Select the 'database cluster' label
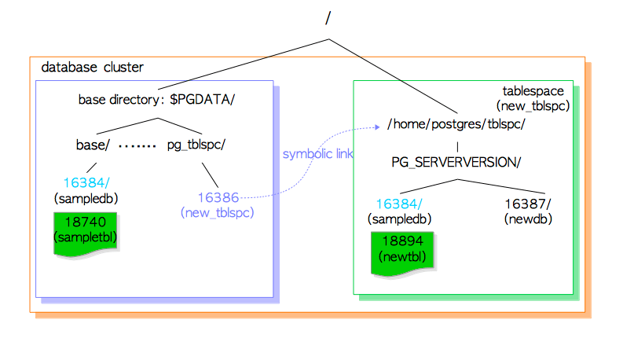point(92,67)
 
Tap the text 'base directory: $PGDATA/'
point(156,100)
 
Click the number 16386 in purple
point(218,198)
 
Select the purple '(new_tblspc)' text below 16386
point(218,212)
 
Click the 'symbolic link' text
point(317,154)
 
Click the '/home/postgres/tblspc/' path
point(456,125)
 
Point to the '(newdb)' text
point(526,219)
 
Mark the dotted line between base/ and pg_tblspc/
point(137,145)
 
